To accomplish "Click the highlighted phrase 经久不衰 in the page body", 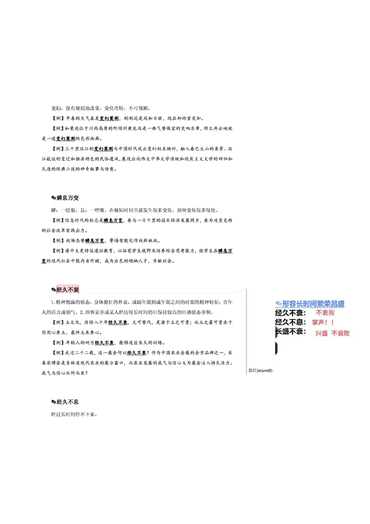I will [x=68, y=290].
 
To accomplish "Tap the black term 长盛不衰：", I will [x=290, y=331].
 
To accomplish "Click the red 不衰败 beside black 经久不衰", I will [x=325, y=313].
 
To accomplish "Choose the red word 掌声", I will [x=319, y=323].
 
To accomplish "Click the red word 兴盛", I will [x=321, y=333].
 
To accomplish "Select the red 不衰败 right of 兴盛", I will [x=340, y=333].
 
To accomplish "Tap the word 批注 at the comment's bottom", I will [x=252, y=370].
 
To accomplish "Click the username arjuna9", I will [x=265, y=370].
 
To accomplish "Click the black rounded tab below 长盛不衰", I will [x=276, y=348].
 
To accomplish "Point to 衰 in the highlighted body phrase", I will [x=76, y=290].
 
